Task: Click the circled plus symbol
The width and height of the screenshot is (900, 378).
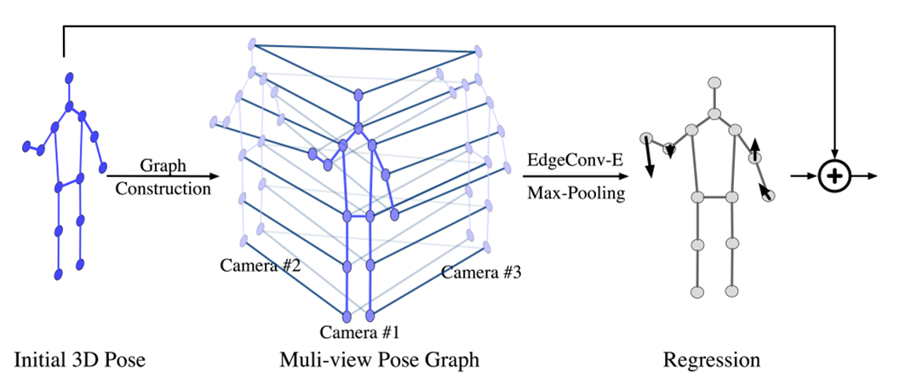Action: point(835,176)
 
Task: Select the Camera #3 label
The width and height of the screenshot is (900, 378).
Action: point(482,273)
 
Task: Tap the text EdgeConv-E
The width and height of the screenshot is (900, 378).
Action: point(576,159)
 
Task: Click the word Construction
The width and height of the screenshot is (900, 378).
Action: point(162,189)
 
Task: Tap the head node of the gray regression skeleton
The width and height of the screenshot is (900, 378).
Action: point(715,83)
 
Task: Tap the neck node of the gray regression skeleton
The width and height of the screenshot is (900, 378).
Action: point(715,113)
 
